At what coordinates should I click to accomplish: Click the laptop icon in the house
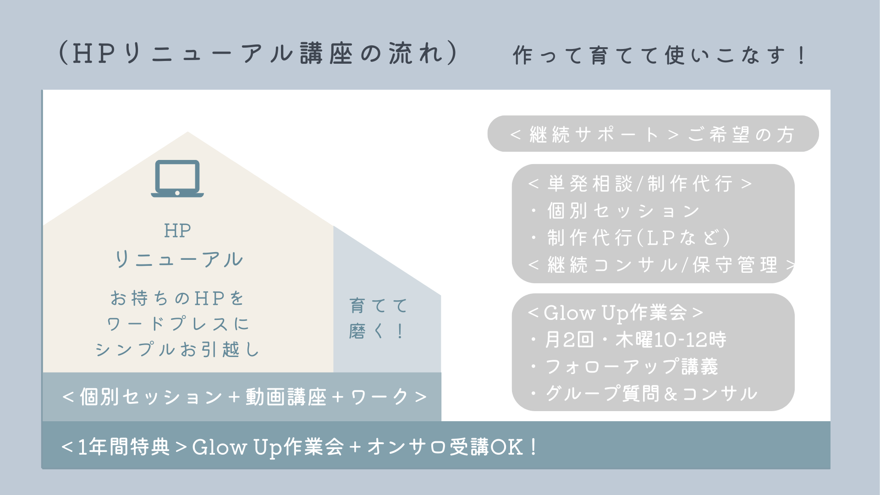pos(177,178)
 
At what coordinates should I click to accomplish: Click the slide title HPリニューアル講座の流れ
pos(258,53)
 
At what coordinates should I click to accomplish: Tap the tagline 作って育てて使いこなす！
pos(659,55)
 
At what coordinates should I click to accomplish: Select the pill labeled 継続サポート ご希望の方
pos(653,134)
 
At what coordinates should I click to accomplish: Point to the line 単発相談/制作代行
pos(640,184)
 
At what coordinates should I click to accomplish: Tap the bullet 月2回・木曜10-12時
pos(628,340)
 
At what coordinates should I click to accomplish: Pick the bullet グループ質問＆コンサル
pos(644,393)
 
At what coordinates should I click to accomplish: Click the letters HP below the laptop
pos(177,231)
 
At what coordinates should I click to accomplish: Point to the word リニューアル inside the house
pos(179,259)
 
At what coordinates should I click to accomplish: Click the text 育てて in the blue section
pos(379,305)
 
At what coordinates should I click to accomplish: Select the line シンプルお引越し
pos(178,349)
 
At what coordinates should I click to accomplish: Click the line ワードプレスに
pos(178,324)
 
